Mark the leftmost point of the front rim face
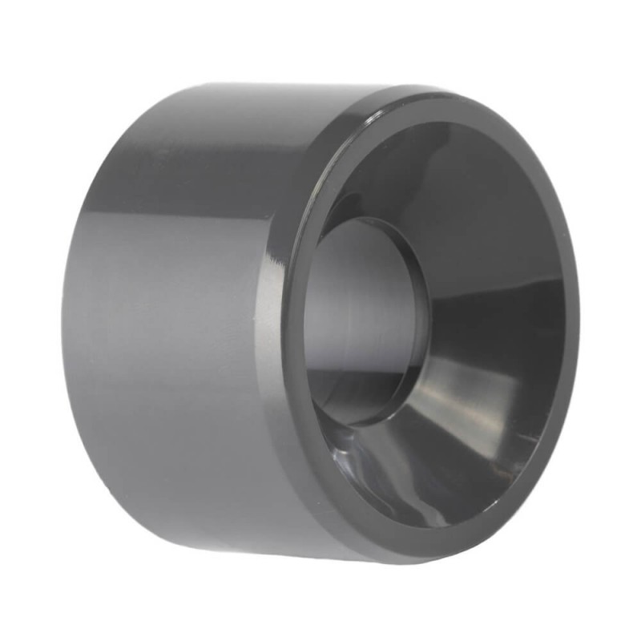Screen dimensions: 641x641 pos(289,320)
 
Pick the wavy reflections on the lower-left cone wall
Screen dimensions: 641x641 pos(377,465)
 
